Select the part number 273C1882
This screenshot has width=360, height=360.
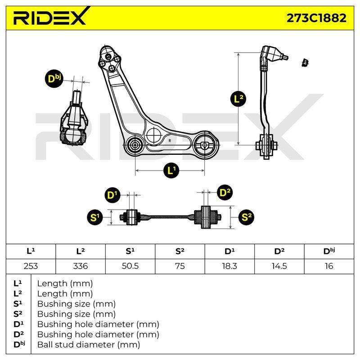[x=317, y=18]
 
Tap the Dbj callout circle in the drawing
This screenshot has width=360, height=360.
[x=54, y=79]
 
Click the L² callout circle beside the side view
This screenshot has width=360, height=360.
[x=238, y=99]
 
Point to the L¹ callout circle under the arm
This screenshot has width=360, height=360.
[x=171, y=171]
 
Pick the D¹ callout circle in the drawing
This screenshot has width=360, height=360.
[x=112, y=195]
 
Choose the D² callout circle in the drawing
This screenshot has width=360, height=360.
[x=225, y=193]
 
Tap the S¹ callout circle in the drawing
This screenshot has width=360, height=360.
[x=95, y=217]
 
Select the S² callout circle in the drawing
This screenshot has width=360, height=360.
[x=246, y=217]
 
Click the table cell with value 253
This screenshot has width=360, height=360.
[x=31, y=266]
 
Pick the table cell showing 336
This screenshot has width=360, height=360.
[x=81, y=266]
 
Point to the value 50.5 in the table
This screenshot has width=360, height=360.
[x=130, y=266]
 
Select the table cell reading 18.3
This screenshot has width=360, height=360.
[x=229, y=266]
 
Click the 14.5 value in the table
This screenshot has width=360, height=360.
[x=279, y=266]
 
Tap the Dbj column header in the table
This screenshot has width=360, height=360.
[x=329, y=251]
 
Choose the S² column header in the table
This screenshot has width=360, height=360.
[x=180, y=251]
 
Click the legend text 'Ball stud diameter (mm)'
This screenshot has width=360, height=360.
[x=89, y=344]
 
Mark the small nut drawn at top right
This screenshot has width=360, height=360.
[x=305, y=63]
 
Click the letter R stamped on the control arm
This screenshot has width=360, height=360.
[x=170, y=140]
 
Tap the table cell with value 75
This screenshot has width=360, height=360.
[x=180, y=266]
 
